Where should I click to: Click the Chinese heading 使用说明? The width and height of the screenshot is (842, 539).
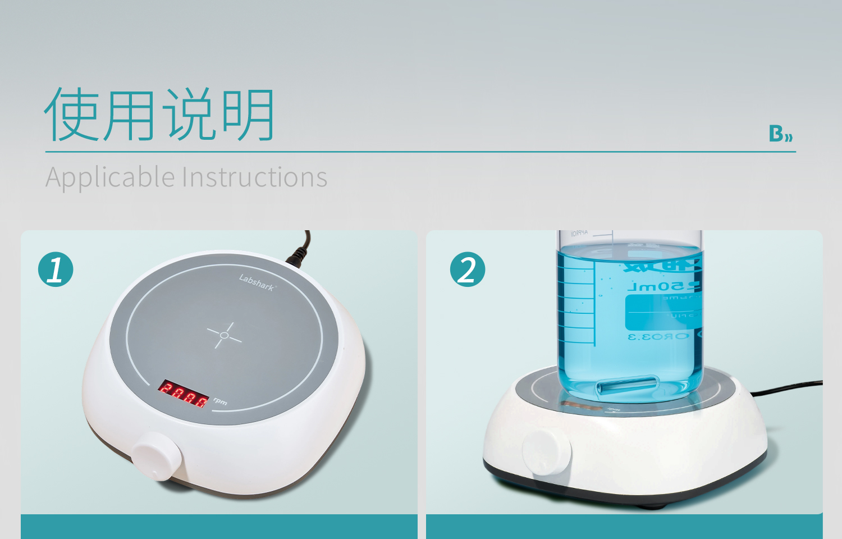click(159, 115)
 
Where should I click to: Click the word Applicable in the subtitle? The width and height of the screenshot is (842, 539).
click(110, 177)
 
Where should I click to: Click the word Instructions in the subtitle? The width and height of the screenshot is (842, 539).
click(255, 177)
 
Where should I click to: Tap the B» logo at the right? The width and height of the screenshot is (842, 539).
click(780, 134)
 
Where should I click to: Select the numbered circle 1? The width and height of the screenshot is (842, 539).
click(56, 269)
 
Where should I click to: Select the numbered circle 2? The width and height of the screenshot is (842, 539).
click(468, 269)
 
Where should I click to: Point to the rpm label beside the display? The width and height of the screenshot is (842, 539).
click(220, 401)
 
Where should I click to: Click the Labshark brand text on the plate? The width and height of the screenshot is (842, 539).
click(257, 282)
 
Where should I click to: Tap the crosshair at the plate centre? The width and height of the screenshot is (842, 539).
click(224, 335)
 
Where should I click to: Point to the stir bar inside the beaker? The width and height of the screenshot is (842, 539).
click(628, 387)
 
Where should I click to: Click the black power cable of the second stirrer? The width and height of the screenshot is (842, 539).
click(786, 389)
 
